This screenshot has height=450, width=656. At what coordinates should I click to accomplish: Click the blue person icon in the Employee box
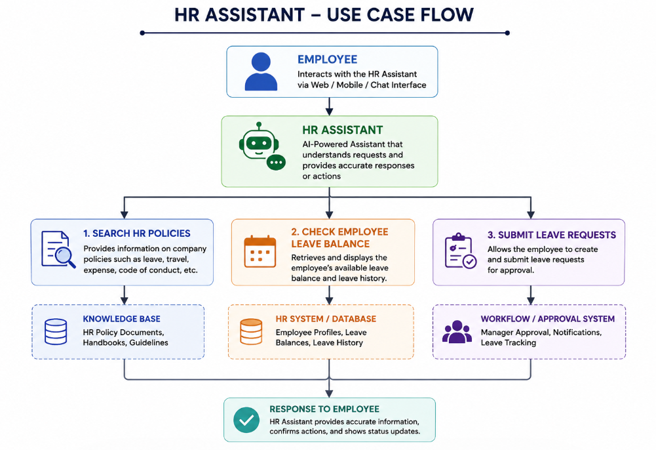pos(261,72)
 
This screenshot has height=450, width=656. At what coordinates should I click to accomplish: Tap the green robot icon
pos(262,146)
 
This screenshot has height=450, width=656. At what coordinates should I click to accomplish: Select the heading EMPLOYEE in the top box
pos(327,60)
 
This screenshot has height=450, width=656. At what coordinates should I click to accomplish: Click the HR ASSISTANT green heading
pos(343,130)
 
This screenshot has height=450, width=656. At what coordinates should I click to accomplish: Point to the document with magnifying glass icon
pos(58,249)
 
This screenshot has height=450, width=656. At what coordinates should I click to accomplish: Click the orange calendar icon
pos(260,251)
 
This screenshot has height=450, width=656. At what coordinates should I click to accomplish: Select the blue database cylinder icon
pos(56,331)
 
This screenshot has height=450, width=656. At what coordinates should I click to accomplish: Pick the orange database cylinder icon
pos(251,331)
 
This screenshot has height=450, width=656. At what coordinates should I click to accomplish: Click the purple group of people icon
pos(457,332)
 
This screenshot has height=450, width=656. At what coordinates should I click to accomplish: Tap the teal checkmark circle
pos(246,420)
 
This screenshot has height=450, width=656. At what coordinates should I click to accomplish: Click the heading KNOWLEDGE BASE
pos(121,319)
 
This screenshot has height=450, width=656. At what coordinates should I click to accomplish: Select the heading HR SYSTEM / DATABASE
pos(326,319)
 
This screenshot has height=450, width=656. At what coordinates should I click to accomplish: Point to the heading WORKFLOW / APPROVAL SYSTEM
pos(548,319)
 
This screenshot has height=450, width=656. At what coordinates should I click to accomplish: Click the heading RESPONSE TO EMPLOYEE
pos(324,409)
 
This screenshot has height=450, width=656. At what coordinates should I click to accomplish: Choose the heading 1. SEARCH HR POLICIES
pos(137,234)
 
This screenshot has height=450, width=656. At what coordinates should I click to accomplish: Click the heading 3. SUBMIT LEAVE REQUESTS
pos(552,235)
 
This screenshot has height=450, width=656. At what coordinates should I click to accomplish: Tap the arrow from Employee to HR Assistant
pos(329,106)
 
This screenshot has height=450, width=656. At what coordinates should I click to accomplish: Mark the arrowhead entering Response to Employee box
pos(329,394)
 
